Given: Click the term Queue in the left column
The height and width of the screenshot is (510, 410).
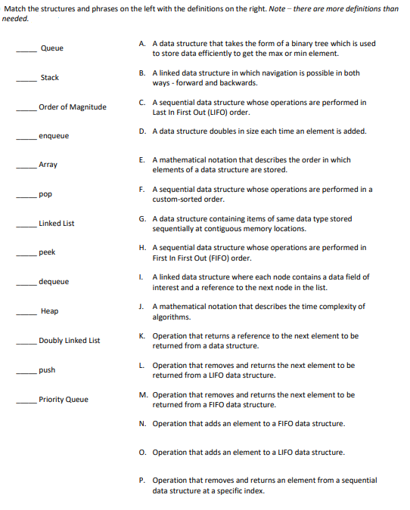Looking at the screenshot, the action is [x=51, y=48].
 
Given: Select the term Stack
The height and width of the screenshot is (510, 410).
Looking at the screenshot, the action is [x=50, y=78].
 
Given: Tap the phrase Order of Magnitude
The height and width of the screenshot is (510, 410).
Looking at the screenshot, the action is [x=73, y=107].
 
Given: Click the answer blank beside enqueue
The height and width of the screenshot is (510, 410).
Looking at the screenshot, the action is [x=28, y=138].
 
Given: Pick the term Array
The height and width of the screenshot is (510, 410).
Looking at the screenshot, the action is [x=48, y=165].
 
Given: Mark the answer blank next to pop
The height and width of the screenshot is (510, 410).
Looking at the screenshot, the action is [x=28, y=196].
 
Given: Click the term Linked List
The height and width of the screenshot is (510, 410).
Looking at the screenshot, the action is [x=57, y=224].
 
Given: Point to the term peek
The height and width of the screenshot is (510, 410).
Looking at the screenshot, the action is [x=47, y=252].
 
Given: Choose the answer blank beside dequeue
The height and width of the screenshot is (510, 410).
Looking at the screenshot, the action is [x=28, y=284].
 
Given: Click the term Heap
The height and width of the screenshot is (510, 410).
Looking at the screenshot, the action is [x=49, y=311].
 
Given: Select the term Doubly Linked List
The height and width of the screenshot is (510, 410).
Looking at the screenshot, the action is [x=70, y=341].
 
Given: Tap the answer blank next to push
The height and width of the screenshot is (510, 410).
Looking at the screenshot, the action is [x=28, y=372].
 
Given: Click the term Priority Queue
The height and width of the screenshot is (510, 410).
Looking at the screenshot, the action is [x=64, y=400].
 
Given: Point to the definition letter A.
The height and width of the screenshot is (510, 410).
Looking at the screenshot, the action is [x=142, y=44].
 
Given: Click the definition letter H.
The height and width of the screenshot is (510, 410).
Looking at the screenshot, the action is [x=142, y=248].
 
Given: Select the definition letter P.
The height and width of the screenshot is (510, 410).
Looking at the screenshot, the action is [x=142, y=480].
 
